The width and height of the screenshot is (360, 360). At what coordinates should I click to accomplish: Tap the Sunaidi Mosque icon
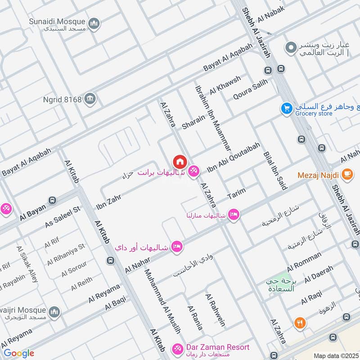tap(94, 23)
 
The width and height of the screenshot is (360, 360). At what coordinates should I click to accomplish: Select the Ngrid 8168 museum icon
tap(90, 99)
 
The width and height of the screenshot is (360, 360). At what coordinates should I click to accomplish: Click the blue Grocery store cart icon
tap(286, 108)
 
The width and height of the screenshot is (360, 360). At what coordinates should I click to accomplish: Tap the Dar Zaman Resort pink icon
tap(177, 348)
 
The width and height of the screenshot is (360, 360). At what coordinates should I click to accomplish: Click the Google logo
tap(19, 353)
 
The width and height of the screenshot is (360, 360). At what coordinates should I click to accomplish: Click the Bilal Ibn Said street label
tap(275, 171)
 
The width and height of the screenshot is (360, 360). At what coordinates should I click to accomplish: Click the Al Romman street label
tap(304, 260)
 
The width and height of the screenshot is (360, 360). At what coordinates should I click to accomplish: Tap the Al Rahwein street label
tap(215, 310)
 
